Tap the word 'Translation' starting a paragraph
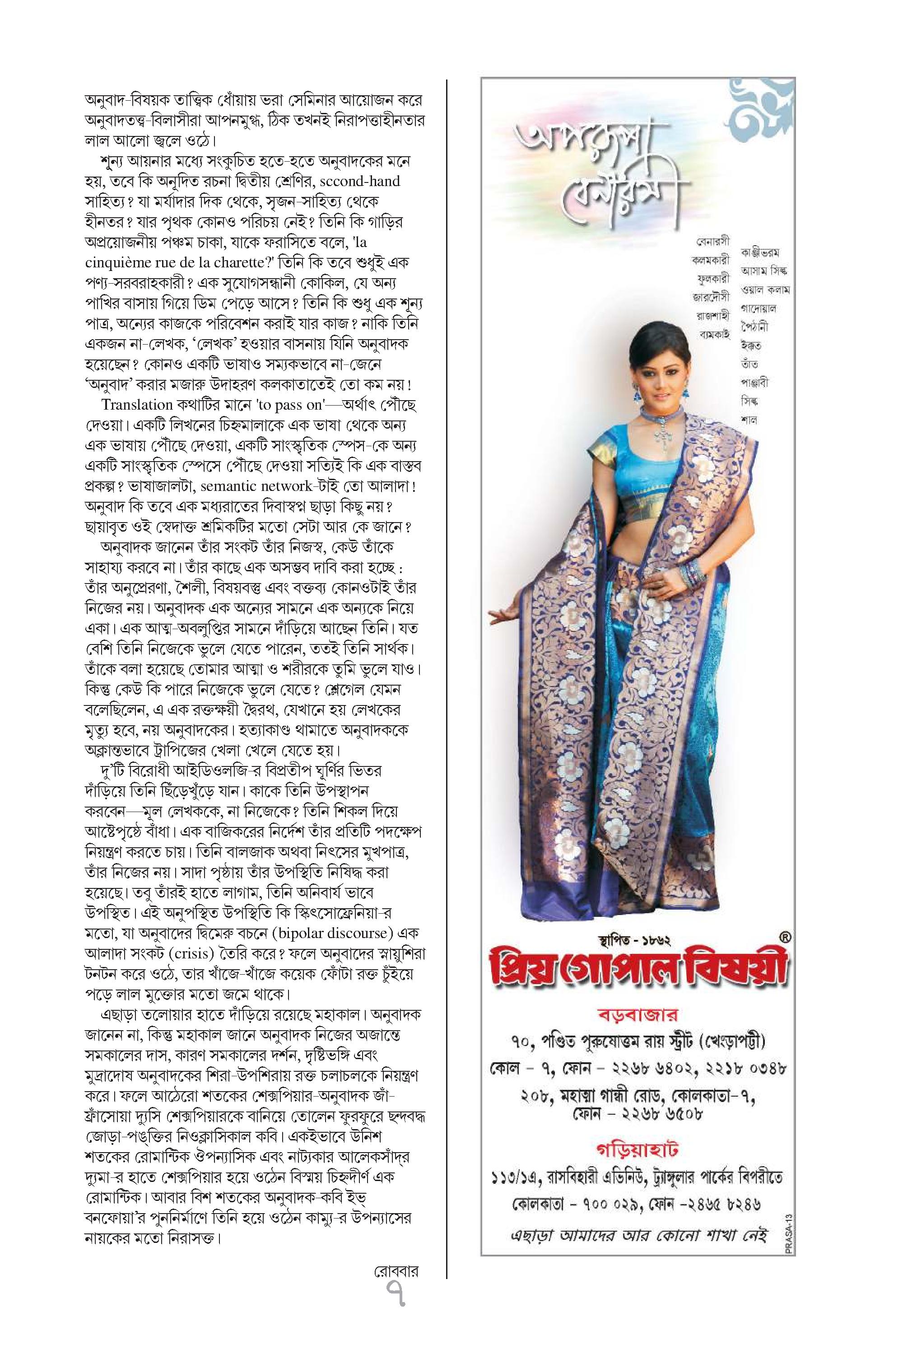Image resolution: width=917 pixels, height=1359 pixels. [136, 405]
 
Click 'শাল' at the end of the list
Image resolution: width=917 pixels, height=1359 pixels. [749, 420]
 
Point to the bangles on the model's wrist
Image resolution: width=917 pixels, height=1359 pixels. [694, 576]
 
